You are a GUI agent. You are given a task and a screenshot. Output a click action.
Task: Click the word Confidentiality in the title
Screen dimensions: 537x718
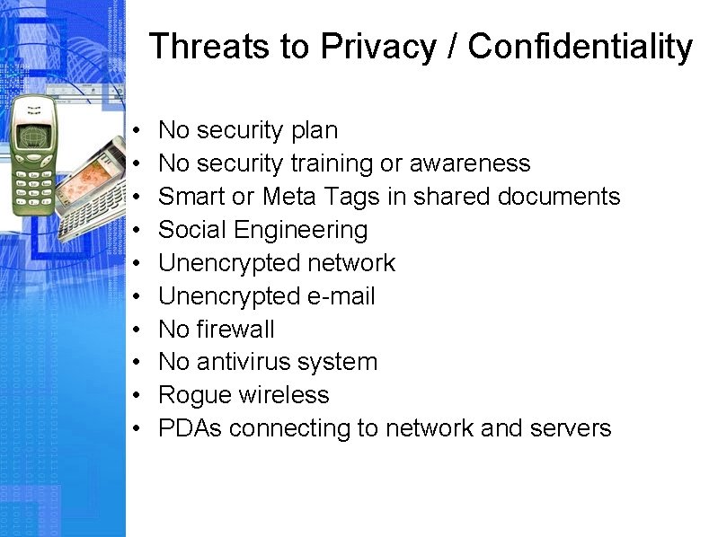coord(581,47)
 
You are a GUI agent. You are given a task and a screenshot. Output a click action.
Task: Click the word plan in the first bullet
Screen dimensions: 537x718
coord(315,131)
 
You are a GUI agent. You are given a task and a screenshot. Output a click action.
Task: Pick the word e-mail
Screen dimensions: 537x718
coord(341,296)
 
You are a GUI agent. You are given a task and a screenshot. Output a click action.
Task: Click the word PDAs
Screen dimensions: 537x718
coord(190,429)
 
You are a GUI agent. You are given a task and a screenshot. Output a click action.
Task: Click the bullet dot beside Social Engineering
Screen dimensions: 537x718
coord(134,231)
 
